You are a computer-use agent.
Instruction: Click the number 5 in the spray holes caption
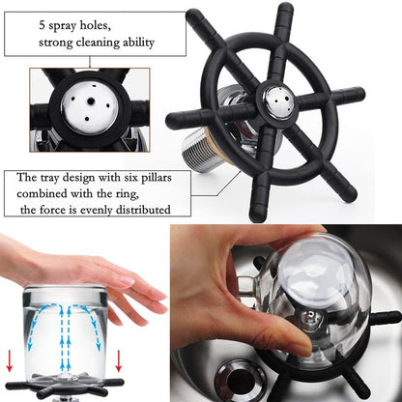click(x=42, y=25)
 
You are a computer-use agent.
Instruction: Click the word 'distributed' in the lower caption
click(x=143, y=210)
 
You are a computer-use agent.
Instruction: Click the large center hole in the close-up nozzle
click(x=91, y=101)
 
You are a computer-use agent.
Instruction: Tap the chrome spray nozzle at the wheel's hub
click(x=276, y=100)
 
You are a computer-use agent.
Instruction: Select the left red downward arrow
click(x=10, y=361)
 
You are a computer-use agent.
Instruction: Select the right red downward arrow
click(x=119, y=361)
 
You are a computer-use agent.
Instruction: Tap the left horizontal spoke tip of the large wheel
click(x=173, y=121)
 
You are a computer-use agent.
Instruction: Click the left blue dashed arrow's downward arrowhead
click(x=30, y=347)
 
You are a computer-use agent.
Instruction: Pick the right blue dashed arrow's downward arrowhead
click(x=99, y=347)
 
